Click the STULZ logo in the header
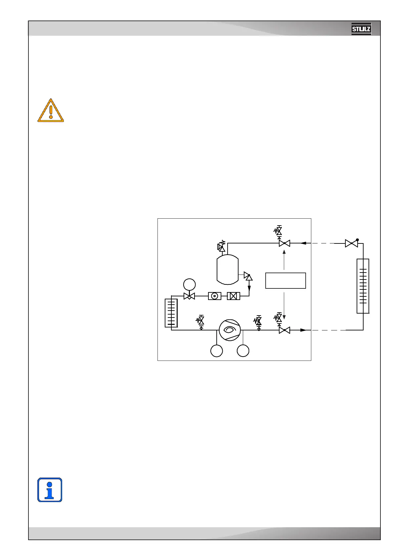[x=361, y=29]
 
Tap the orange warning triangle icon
[x=51, y=111]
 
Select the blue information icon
[x=50, y=490]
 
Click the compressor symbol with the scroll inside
[x=230, y=330]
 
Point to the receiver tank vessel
[x=228, y=269]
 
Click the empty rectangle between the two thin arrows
[x=285, y=280]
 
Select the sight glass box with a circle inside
[x=214, y=296]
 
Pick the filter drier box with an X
[x=234, y=296]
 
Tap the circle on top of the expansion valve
[x=189, y=284]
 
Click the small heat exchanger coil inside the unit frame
[x=171, y=313]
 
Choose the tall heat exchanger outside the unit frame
[x=363, y=286]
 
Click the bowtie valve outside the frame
[x=351, y=243]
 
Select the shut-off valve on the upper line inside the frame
[x=285, y=243]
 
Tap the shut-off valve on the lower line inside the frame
[x=285, y=330]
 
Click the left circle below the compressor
[x=217, y=351]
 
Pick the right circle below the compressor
[x=243, y=351]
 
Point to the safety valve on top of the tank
[x=222, y=247]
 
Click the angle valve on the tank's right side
[x=248, y=276]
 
